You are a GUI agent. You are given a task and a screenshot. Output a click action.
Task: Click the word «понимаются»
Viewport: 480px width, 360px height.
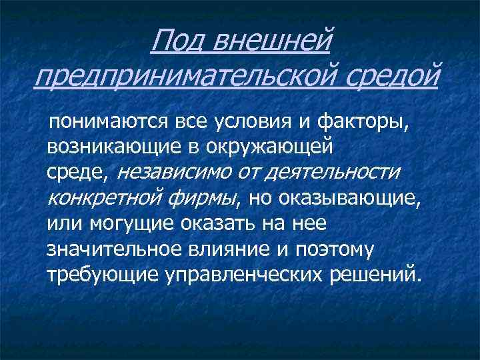(105, 123)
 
